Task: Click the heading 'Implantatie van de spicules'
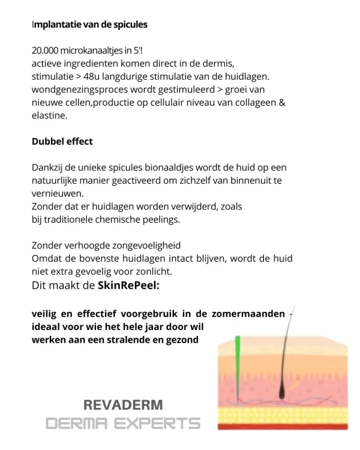(x=89, y=25)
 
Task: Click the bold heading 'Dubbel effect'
(x=62, y=142)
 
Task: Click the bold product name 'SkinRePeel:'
(x=128, y=286)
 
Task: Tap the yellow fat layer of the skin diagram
(x=285, y=413)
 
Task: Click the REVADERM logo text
(x=124, y=405)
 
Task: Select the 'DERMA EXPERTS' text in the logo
(x=123, y=424)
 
